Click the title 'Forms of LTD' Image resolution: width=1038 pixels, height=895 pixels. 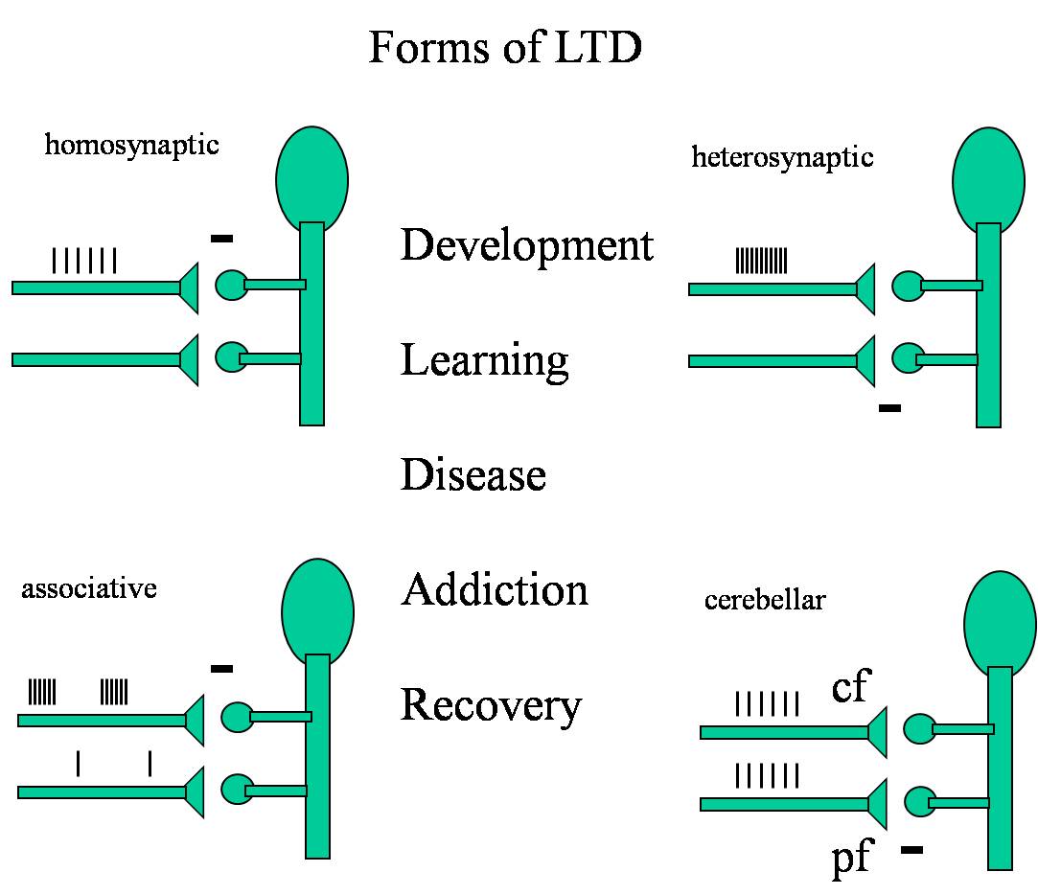(x=505, y=48)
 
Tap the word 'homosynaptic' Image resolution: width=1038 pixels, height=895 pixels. (x=131, y=146)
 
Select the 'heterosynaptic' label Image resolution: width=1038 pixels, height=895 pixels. (x=782, y=156)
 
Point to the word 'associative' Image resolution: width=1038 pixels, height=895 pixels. (x=88, y=587)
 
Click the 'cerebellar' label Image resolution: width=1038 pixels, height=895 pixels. (x=765, y=601)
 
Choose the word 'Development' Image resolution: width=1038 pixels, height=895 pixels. (x=526, y=245)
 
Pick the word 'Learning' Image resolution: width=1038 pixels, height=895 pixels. (x=484, y=360)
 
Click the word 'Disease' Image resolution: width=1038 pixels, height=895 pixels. (x=473, y=474)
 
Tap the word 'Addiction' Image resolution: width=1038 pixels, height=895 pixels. (x=495, y=589)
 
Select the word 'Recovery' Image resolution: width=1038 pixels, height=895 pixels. (x=491, y=705)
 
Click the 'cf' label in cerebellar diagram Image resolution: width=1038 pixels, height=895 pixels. (x=850, y=687)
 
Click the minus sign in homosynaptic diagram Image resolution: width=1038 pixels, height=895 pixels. (x=221, y=237)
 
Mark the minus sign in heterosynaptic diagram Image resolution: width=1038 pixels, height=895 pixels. (x=889, y=408)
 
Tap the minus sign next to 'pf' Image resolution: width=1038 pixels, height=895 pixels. (x=911, y=848)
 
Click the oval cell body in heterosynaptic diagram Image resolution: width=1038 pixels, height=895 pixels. (x=987, y=180)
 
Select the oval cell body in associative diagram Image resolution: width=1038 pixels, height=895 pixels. (x=317, y=613)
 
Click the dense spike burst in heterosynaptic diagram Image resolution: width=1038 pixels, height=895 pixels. (x=761, y=261)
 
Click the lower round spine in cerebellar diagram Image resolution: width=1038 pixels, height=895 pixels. (x=920, y=801)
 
